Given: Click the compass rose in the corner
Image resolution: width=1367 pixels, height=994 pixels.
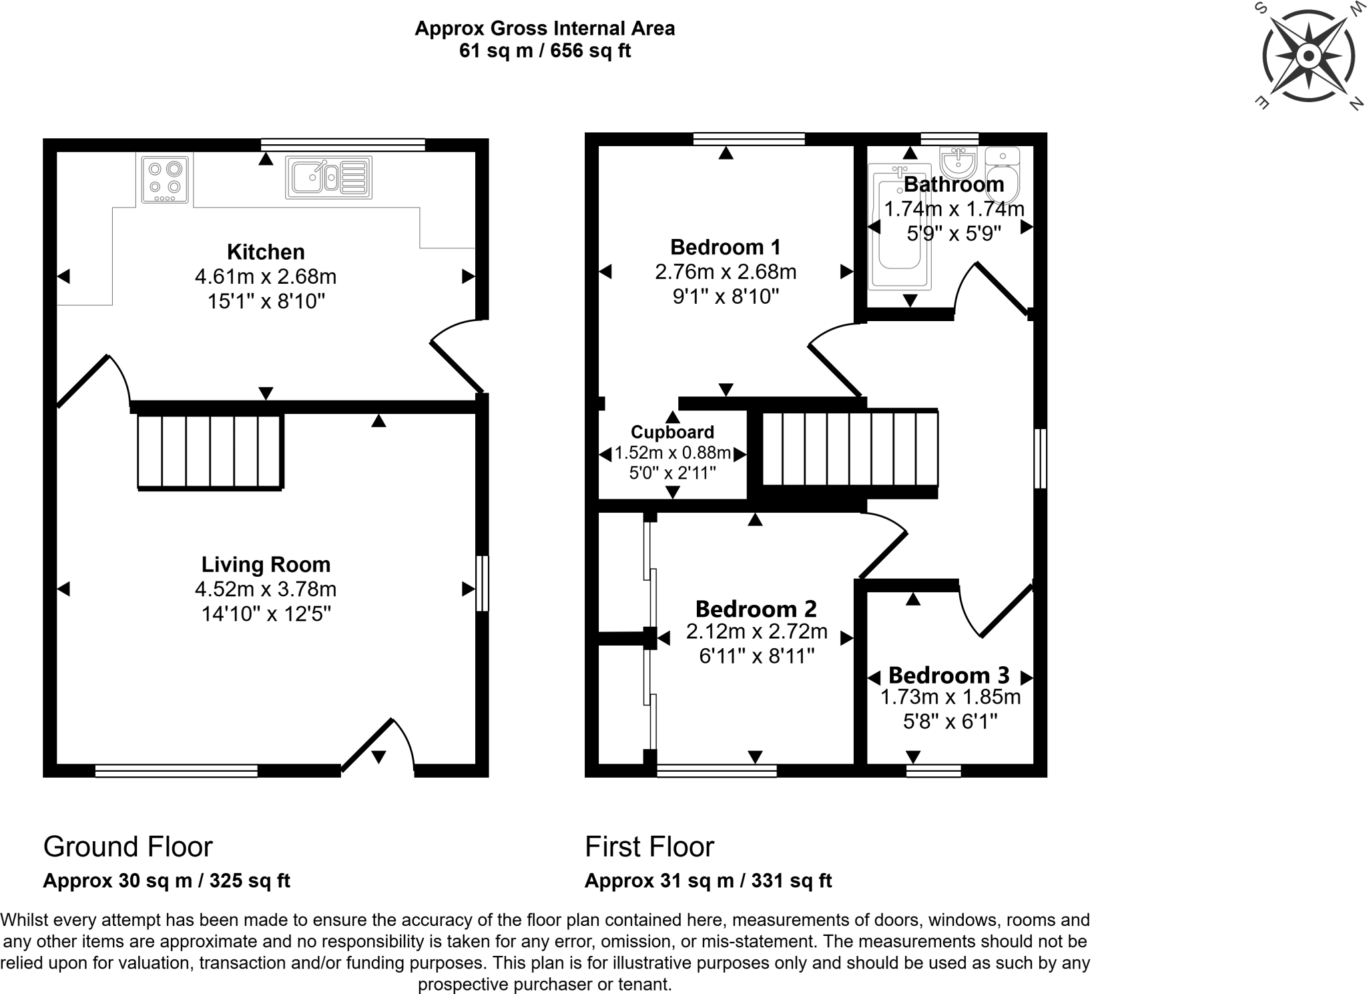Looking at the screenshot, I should coord(1308,56).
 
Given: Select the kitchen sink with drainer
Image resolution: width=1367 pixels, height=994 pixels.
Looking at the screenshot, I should coord(328,178).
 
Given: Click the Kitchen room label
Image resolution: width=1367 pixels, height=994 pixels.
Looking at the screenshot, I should coord(266,252).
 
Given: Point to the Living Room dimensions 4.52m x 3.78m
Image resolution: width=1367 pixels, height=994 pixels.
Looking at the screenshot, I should coord(266,589).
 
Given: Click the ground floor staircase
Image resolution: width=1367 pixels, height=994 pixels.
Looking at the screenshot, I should coord(210,451).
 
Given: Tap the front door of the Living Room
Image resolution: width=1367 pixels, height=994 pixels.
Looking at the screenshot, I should coord(378,746).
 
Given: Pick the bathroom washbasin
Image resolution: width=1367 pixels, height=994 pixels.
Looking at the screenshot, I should coord(958,161).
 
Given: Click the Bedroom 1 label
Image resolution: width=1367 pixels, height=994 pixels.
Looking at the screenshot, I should coord(726,247).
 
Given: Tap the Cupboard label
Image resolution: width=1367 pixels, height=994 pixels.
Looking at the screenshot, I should coord(672,432).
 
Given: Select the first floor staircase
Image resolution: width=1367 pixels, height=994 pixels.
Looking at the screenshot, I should coord(850,449).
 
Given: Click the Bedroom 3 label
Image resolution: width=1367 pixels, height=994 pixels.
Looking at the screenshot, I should coord(948,676).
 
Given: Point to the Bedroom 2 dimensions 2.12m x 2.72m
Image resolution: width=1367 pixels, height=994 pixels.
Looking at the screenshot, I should coord(756,632).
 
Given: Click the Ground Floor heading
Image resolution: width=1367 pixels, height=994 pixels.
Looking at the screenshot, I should coord(128,846).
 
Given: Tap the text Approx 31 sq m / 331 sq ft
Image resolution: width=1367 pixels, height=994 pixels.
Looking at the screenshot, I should coord(708,881).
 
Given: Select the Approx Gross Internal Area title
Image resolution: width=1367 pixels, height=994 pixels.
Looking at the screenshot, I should coord(545,28).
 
